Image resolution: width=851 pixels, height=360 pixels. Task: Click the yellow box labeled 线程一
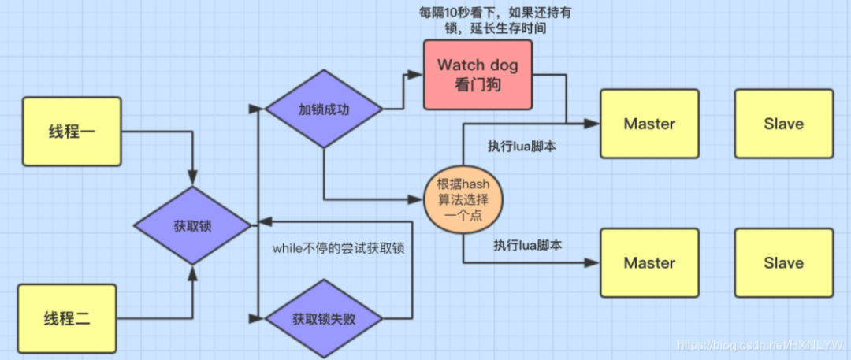coord(72,132)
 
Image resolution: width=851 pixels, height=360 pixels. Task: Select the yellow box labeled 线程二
coord(67,317)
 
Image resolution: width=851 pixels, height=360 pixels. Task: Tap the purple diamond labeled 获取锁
coord(192,226)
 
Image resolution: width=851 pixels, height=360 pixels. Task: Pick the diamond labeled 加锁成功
coord(324,109)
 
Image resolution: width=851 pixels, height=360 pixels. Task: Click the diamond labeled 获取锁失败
coord(324,319)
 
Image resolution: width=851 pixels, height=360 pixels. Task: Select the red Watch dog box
coord(478,74)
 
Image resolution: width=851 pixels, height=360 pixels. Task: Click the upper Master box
coord(649,124)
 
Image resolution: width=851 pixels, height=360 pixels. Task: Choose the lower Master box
coord(649,263)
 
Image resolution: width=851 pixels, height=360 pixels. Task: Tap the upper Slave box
coord(784,124)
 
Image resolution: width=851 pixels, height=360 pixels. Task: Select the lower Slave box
coord(784,263)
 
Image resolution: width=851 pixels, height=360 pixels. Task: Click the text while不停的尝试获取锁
coord(339,248)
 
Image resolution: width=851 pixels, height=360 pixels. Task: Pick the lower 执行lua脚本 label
coord(527,245)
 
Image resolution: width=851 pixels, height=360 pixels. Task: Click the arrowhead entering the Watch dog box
coord(417,75)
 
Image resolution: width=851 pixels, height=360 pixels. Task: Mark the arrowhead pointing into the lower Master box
coord(593,263)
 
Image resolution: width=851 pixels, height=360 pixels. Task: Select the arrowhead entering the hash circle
coord(417,199)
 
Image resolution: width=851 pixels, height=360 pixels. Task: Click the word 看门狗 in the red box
coord(478,85)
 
